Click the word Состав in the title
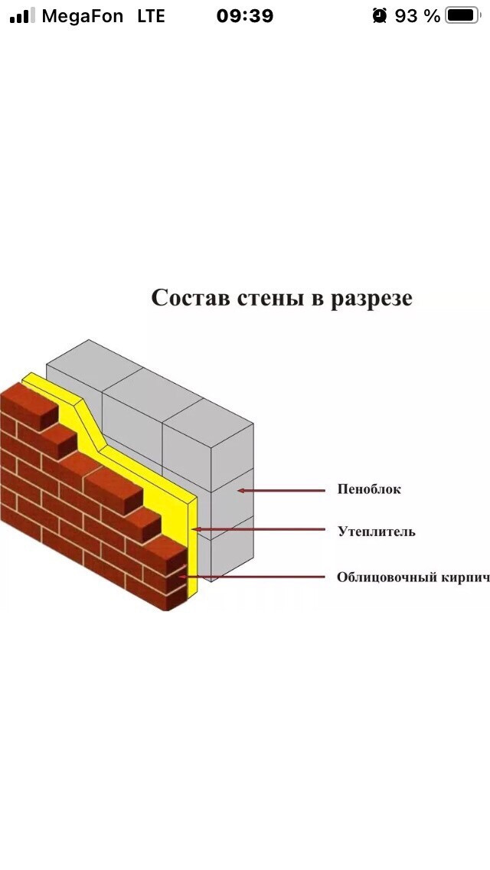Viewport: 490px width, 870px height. point(188,297)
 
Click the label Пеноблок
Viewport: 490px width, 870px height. point(369,489)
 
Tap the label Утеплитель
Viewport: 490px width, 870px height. point(377,531)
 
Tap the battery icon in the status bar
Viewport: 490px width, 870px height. point(462,15)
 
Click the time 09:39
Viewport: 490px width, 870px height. point(245,15)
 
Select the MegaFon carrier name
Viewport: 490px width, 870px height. point(83,15)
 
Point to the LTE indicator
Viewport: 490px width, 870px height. point(151,15)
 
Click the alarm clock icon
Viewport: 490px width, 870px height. point(380,15)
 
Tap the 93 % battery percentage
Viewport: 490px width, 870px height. point(417,15)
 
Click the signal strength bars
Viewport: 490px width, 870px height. point(22,15)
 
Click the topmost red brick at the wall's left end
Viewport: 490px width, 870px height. point(29,402)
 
